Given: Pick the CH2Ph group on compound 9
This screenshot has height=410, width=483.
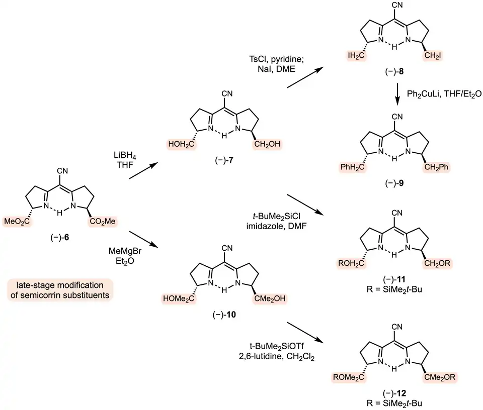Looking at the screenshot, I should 437,166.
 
